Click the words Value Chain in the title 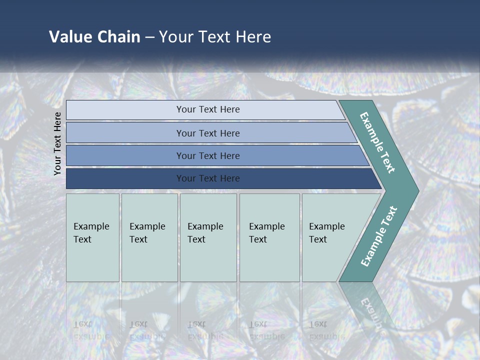point(94,37)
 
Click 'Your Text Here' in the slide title point(215,37)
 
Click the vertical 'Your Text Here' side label point(57,144)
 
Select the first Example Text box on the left point(92,237)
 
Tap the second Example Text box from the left point(149,237)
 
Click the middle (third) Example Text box point(208,237)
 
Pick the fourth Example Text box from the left point(269,237)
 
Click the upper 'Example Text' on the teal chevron point(377,142)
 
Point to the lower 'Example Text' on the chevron point(379,236)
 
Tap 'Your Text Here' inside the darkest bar point(208,178)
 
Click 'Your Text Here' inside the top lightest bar point(208,109)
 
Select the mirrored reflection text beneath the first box point(91,330)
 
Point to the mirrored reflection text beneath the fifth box point(326,330)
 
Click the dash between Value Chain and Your point(149,37)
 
